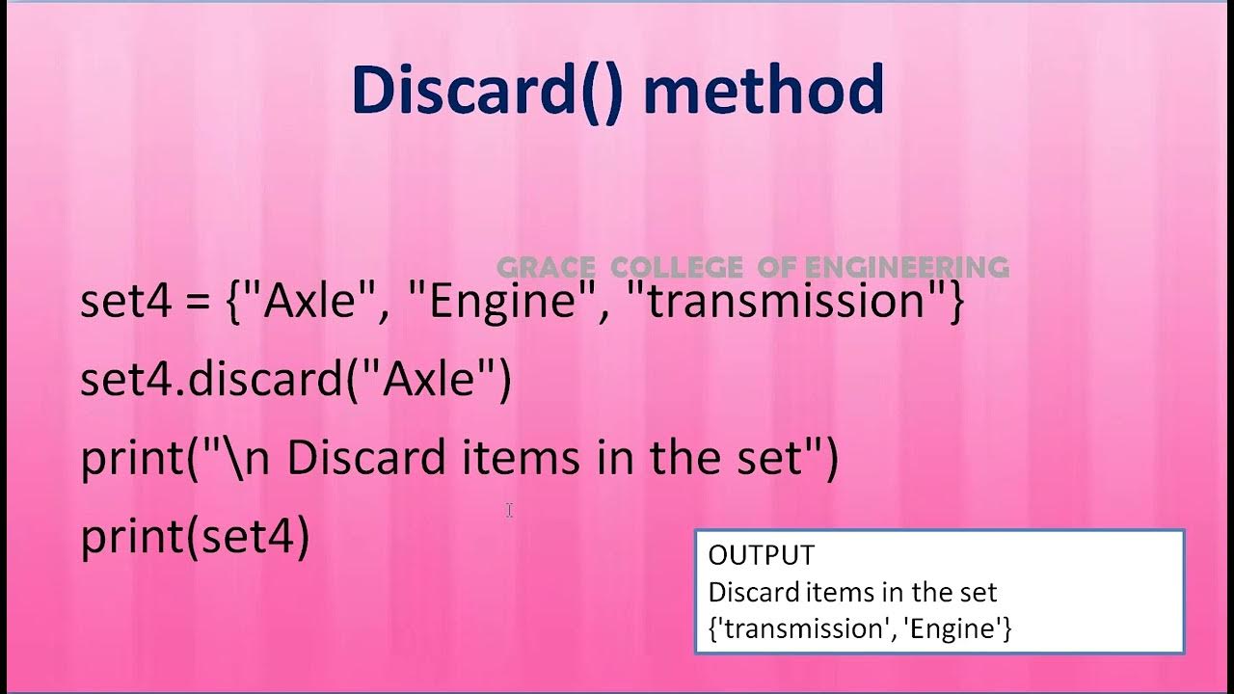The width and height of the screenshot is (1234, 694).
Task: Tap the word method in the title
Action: pyautogui.click(x=763, y=90)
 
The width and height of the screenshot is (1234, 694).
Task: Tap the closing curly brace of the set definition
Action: pyautogui.click(x=954, y=303)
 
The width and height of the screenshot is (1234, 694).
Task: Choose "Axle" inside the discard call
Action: pyautogui.click(x=429, y=381)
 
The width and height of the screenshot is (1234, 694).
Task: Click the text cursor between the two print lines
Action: pyautogui.click(x=509, y=511)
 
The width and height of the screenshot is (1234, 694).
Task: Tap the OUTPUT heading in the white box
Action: pyautogui.click(x=761, y=555)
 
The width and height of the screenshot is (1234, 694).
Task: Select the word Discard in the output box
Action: pyautogui.click(x=749, y=592)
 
